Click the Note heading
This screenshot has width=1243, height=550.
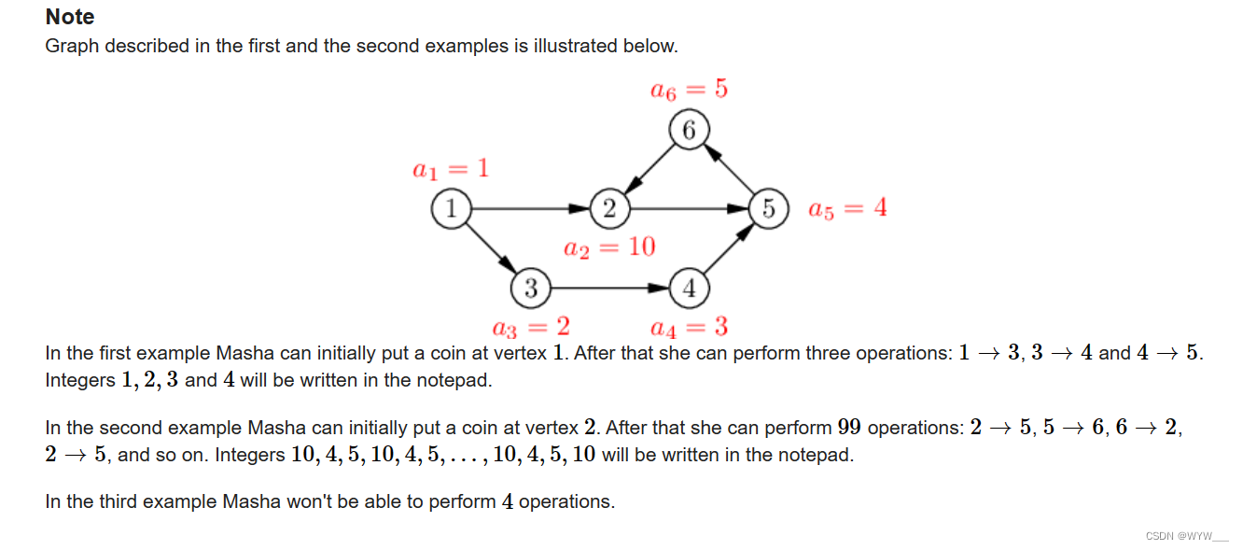pyautogui.click(x=70, y=17)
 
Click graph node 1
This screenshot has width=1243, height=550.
pyautogui.click(x=451, y=207)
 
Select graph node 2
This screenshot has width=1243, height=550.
pyautogui.click(x=609, y=207)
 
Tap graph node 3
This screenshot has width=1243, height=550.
pyautogui.click(x=530, y=287)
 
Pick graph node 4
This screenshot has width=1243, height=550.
pyautogui.click(x=689, y=287)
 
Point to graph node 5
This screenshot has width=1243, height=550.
pyautogui.click(x=769, y=207)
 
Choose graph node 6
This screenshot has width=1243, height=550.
pyautogui.click(x=689, y=130)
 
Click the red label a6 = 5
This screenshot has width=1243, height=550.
pyautogui.click(x=689, y=90)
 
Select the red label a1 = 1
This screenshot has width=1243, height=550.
pyautogui.click(x=451, y=169)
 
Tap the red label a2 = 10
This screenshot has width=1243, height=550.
pyautogui.click(x=609, y=247)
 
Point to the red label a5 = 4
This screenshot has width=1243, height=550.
pyautogui.click(x=847, y=208)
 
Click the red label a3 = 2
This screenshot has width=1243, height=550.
pyautogui.click(x=530, y=327)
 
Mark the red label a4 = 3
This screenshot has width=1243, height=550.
pyautogui.click(x=689, y=327)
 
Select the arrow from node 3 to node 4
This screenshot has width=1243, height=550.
pyautogui.click(x=609, y=287)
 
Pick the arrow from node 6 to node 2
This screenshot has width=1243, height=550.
pyautogui.click(x=649, y=169)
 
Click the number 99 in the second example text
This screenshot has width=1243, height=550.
pyautogui.click(x=849, y=428)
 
